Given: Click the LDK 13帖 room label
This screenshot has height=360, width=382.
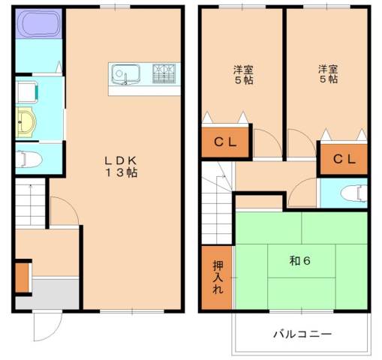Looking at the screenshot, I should coord(120,166).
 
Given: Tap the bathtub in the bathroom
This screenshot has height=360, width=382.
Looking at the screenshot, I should coord(38,24).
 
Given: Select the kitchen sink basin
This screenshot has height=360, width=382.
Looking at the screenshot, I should coord(125,74).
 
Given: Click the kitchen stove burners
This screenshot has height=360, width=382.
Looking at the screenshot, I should coord(163,73).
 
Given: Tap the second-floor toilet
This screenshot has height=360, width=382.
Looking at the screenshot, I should coord(351,193).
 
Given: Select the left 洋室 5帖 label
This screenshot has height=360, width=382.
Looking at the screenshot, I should coord(241,74).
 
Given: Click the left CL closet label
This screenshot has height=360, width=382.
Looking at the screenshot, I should coord(225,142).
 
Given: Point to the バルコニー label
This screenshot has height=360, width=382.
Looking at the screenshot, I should coord(302,334).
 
